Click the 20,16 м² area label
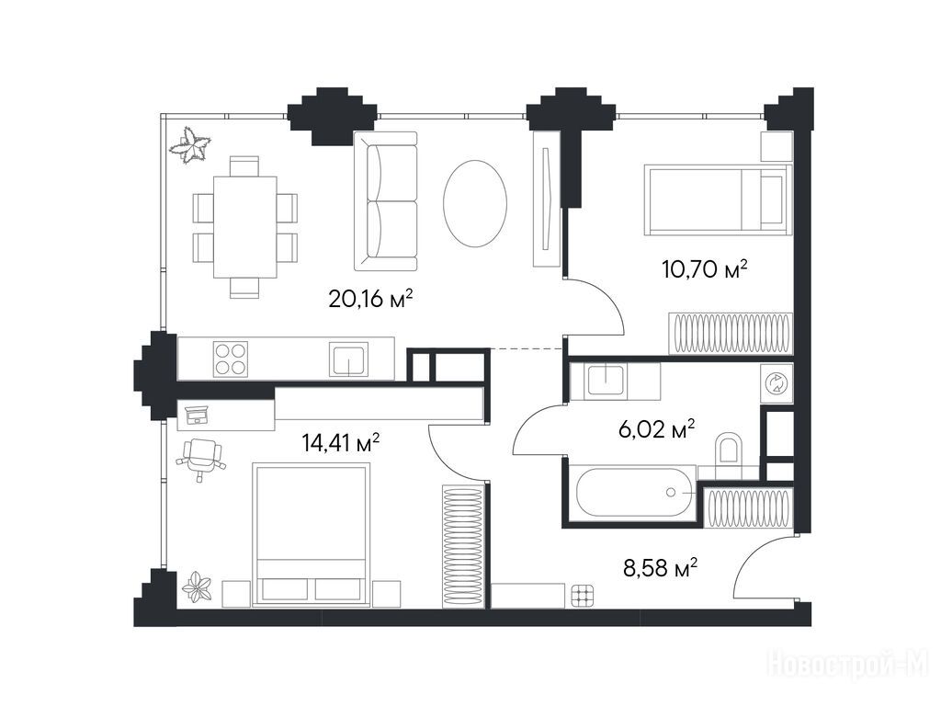370,299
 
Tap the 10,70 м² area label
705,269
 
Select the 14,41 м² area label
340,443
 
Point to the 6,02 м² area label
656,428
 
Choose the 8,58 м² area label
660,567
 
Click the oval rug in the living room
475,203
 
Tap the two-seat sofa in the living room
385,201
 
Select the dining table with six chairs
244,227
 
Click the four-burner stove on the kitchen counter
231,359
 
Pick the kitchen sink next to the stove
348,359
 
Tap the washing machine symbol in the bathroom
777,382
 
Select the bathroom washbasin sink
607,379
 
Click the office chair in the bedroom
200,458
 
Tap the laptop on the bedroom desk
197,415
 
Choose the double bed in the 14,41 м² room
311,534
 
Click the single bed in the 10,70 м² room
717,199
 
